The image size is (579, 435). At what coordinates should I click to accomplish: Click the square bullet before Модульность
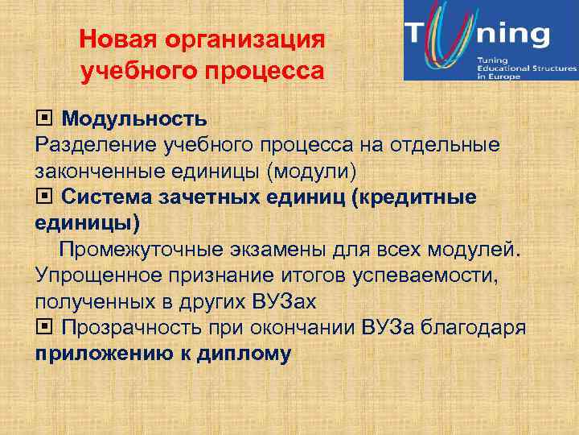[44, 119]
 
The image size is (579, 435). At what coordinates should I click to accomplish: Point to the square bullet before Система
[44, 197]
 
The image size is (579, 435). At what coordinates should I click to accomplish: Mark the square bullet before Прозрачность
[44, 327]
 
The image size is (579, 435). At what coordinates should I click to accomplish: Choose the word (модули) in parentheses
[320, 172]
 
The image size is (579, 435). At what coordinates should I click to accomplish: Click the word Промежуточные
[147, 250]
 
